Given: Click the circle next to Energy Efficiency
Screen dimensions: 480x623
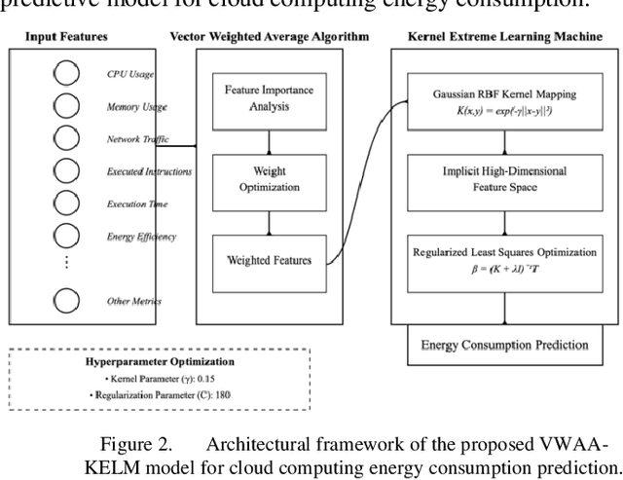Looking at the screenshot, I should point(65,237).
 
